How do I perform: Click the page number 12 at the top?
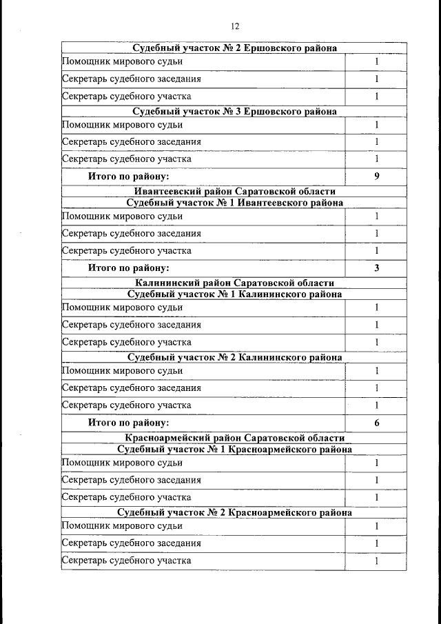[x=234, y=27]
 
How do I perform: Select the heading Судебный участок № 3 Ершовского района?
[x=234, y=112]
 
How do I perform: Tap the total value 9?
[x=377, y=177]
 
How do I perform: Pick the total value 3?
[x=377, y=268]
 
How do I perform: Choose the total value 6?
[x=377, y=423]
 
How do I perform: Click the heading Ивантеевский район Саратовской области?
[x=234, y=191]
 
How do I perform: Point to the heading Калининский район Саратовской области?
[x=234, y=283]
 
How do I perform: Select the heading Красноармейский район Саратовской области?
[x=234, y=438]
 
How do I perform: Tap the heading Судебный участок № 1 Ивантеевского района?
[x=234, y=203]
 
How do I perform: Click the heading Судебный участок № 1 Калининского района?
[x=234, y=294]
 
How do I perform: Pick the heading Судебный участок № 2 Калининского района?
[x=234, y=358]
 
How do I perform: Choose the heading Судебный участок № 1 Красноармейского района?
[x=234, y=450]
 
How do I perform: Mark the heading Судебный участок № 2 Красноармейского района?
[x=234, y=513]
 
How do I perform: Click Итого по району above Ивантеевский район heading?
[x=128, y=177]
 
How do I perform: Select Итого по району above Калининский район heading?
[x=128, y=268]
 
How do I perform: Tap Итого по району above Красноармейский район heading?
[x=128, y=423]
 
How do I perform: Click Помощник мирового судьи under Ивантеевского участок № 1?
[x=123, y=217]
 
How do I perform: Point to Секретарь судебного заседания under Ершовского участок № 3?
[x=132, y=142]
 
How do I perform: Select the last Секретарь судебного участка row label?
[x=127, y=561]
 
